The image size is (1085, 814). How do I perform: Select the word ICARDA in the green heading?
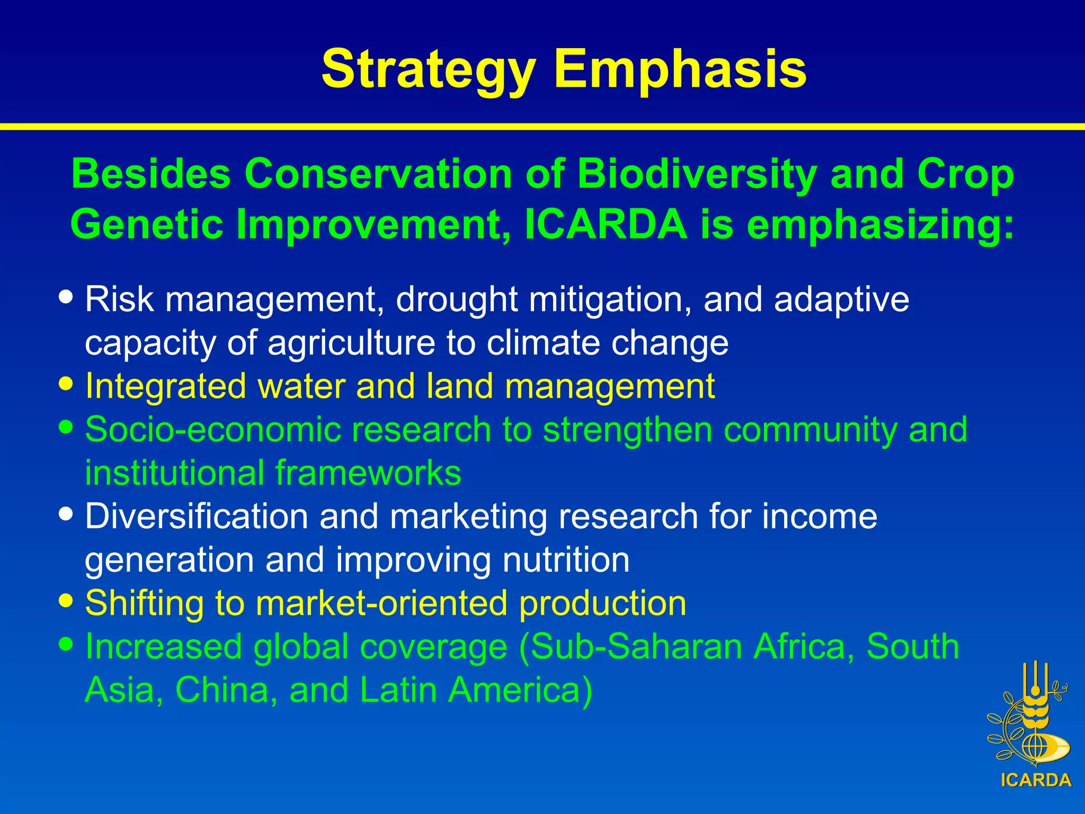click(x=606, y=225)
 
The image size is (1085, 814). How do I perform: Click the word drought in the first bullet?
click(x=456, y=300)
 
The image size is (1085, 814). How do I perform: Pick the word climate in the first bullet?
click(x=543, y=343)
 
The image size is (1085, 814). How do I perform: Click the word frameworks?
click(x=368, y=473)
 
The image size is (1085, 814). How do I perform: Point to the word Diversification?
click(x=197, y=516)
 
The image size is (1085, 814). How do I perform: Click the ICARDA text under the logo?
click(x=1036, y=780)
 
